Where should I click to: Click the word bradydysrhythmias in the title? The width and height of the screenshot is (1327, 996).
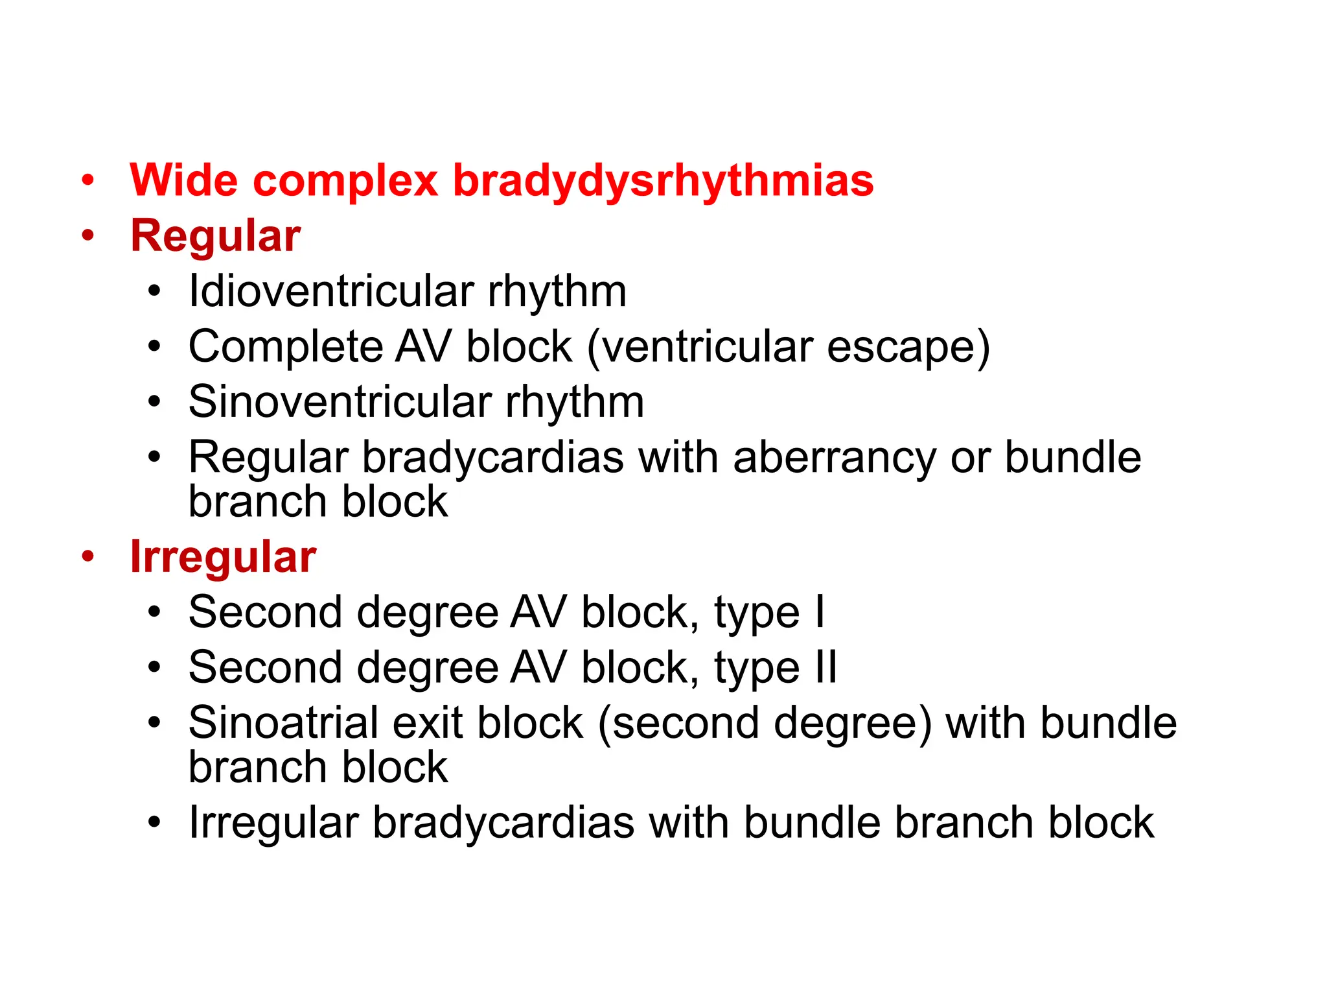coord(663,180)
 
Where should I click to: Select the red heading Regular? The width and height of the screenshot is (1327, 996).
coord(215,235)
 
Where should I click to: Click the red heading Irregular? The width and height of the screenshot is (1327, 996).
coord(223,557)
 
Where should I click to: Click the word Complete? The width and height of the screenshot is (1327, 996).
coord(284,346)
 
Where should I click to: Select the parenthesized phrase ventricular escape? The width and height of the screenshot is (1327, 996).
coord(788,346)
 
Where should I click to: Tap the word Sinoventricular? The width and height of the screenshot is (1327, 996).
coord(340,402)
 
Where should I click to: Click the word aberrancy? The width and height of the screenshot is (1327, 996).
coord(835,457)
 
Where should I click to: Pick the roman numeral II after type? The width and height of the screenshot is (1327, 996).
coord(825,667)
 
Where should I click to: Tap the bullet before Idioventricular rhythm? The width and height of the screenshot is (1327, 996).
coord(154,292)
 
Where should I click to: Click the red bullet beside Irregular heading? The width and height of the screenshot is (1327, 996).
coord(88,556)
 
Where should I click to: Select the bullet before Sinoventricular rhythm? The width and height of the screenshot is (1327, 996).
coord(154,402)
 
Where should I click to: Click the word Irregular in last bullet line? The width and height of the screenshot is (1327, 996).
coord(273,823)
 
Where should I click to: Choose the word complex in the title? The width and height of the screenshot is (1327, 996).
coord(345,180)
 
